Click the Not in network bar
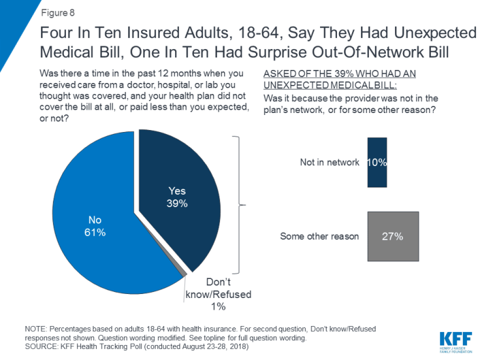click(377, 162)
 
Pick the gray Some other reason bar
click(392, 236)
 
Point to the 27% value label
click(392, 237)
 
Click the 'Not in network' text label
click(329, 162)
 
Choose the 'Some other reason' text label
click(319, 236)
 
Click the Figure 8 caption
click(58, 11)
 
